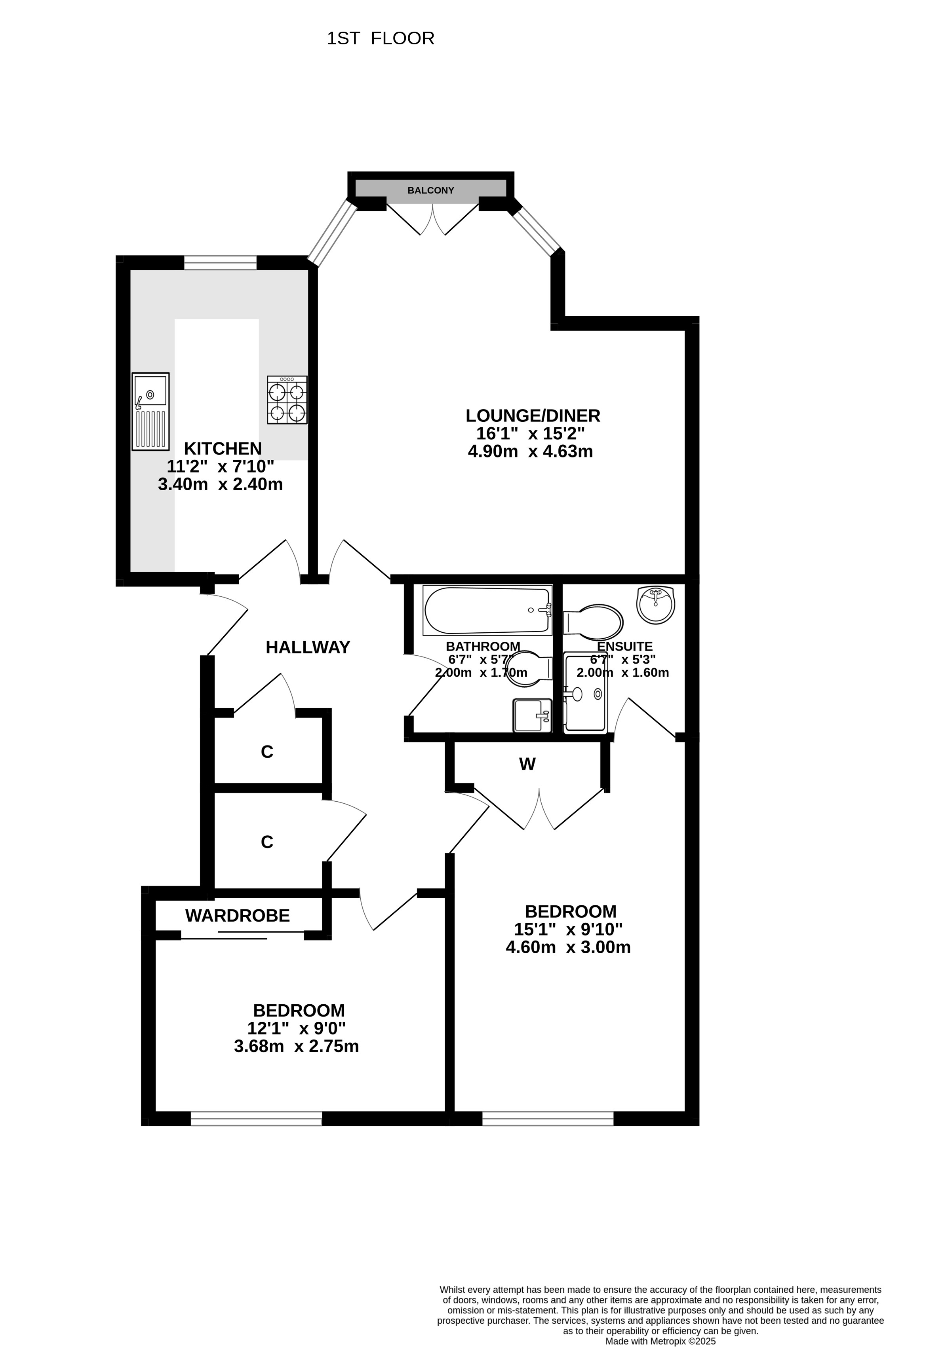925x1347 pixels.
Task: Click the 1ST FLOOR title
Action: pyautogui.click(x=381, y=38)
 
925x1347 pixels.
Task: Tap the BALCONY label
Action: pyautogui.click(x=430, y=190)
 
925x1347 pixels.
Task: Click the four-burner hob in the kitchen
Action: pyautogui.click(x=287, y=399)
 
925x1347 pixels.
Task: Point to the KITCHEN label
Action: pyautogui.click(x=223, y=448)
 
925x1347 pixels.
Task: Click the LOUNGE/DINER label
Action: pyautogui.click(x=533, y=415)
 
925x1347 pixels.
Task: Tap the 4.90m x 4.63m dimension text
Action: pyautogui.click(x=531, y=451)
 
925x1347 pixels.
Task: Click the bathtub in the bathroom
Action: pyautogui.click(x=487, y=610)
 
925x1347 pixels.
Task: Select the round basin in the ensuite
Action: pyautogui.click(x=656, y=605)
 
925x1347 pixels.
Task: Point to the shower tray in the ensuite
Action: pyautogui.click(x=586, y=693)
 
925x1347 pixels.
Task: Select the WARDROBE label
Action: pyautogui.click(x=237, y=915)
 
